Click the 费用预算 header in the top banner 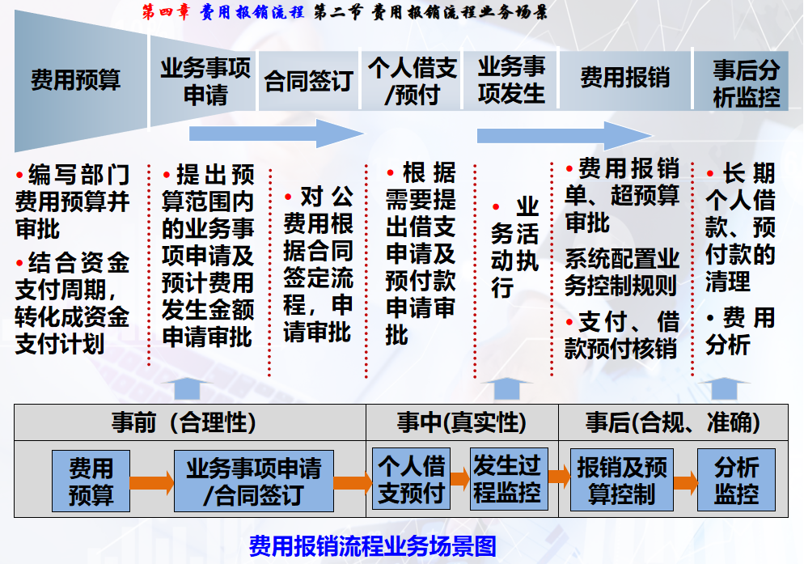(x=75, y=80)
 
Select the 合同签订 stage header (x=308, y=81)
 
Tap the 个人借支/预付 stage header (x=412, y=80)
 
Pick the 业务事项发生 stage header (x=511, y=80)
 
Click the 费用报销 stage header (x=624, y=78)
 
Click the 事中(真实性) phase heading (x=461, y=422)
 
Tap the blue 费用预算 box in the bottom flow (x=91, y=481)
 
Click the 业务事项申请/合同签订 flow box (x=254, y=481)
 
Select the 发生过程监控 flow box (x=507, y=479)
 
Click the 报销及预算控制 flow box (x=621, y=480)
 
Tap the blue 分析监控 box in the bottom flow (x=736, y=480)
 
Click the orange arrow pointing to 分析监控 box (x=684, y=483)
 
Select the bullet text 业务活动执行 (x=514, y=248)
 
